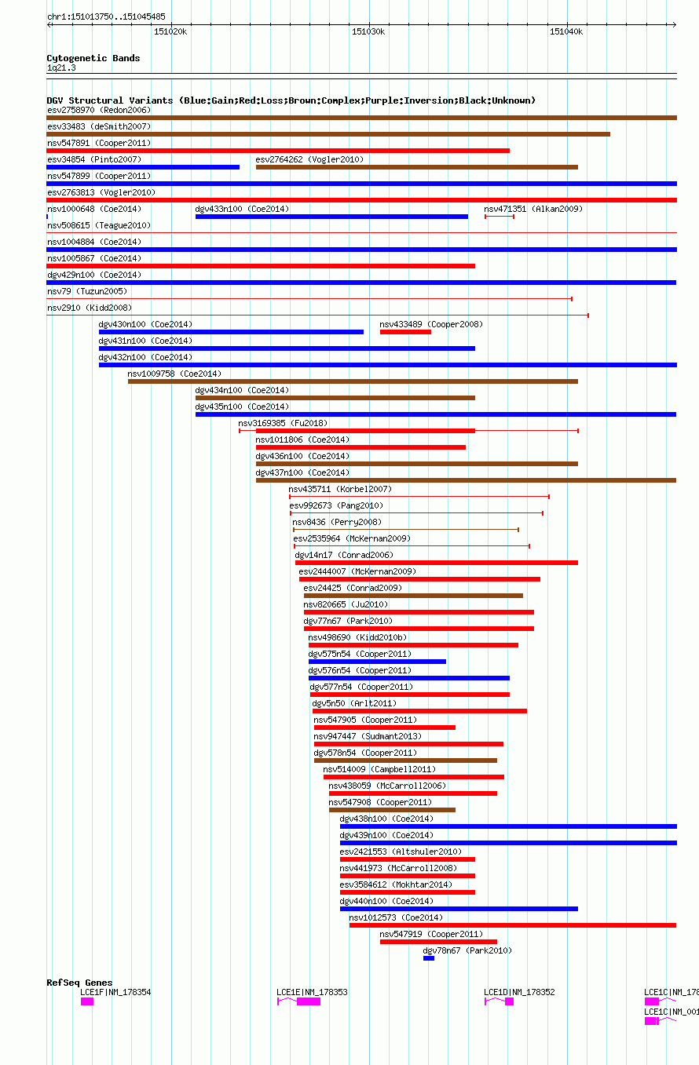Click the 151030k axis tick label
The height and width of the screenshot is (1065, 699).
click(x=368, y=32)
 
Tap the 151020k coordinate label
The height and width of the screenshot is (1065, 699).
click(x=170, y=32)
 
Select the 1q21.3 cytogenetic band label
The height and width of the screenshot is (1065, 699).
click(x=61, y=67)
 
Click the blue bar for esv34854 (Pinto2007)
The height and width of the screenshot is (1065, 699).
click(x=143, y=167)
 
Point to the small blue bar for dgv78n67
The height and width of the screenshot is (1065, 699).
click(x=428, y=958)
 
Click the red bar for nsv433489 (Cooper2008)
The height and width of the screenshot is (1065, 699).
click(x=405, y=332)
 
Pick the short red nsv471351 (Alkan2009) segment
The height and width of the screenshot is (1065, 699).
click(x=500, y=217)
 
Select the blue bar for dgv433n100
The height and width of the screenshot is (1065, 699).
click(x=331, y=217)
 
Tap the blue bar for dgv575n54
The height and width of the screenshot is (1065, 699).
click(x=377, y=662)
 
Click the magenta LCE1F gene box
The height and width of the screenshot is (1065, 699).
click(x=87, y=1001)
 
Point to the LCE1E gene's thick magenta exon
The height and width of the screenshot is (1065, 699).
click(x=309, y=1001)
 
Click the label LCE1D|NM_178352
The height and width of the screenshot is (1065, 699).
click(x=519, y=992)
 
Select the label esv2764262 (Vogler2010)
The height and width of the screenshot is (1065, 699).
click(x=309, y=159)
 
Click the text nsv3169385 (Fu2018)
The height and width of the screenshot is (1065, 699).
click(x=283, y=423)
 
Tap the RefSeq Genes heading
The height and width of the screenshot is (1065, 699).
click(x=79, y=983)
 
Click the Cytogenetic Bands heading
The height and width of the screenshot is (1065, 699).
click(x=93, y=58)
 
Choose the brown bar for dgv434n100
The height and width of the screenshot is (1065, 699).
click(x=335, y=398)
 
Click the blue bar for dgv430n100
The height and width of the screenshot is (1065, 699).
click(x=231, y=332)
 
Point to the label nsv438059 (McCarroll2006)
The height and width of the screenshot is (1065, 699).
click(x=387, y=786)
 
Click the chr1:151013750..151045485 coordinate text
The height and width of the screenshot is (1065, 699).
click(x=106, y=16)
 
